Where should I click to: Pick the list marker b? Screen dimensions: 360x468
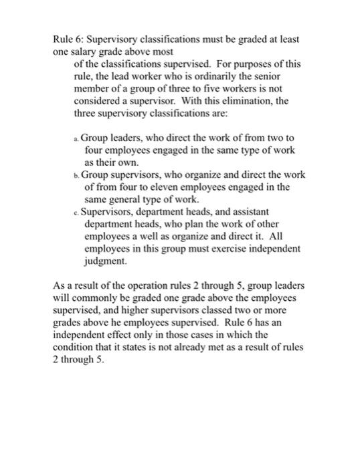(76, 175)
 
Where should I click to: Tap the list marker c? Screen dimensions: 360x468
(76, 213)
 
